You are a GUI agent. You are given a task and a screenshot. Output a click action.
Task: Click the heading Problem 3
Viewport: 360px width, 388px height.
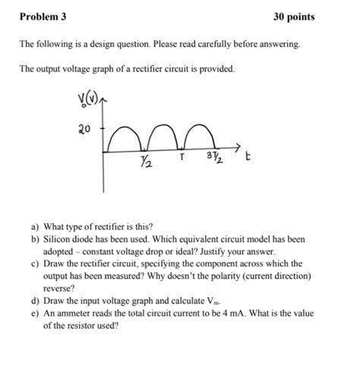pos(44,17)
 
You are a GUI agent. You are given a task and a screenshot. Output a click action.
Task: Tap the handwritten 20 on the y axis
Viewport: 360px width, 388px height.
pos(85,129)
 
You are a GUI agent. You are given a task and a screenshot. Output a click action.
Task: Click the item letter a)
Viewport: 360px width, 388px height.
pos(36,226)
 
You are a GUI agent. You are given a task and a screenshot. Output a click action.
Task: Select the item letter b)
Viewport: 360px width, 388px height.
pos(36,238)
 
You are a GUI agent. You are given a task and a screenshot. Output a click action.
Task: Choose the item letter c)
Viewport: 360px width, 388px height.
pos(36,263)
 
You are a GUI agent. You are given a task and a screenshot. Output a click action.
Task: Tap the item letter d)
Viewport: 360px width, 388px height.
pos(36,301)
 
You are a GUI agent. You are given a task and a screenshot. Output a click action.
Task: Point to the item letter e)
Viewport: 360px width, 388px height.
pos(36,313)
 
